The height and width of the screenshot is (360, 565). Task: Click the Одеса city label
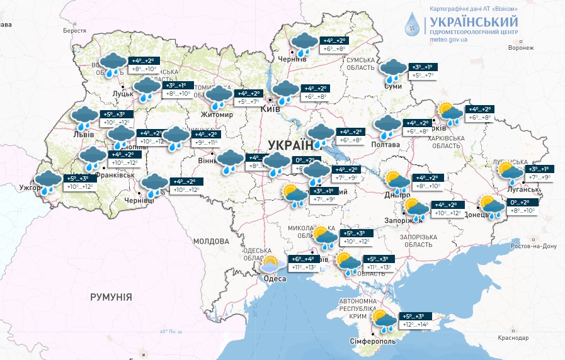coord(275,279)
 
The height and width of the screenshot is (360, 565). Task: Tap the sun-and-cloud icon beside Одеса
coord(271,265)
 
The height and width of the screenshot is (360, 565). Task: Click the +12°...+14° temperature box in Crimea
coord(414,325)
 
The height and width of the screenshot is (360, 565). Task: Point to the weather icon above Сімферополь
coord(383,321)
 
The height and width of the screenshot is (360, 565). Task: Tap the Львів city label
coord(83,134)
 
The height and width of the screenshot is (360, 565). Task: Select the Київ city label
coord(271,110)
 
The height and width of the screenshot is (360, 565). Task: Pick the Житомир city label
coord(217,115)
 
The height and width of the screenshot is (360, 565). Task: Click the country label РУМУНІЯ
coord(111,296)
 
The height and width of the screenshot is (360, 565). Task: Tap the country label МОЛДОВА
coord(211,241)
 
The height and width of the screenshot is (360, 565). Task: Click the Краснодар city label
coord(513,338)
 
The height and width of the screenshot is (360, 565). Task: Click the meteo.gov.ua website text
coord(448,39)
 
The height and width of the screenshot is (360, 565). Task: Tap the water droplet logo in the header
coord(413,25)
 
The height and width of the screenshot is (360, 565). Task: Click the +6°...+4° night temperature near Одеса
coord(304,259)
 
